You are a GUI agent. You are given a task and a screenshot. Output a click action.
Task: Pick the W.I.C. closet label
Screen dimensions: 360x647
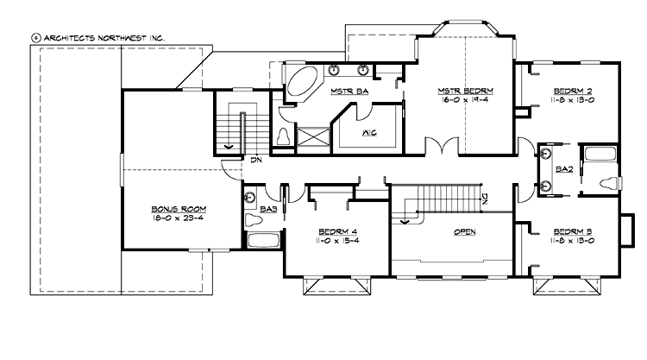point(367,132)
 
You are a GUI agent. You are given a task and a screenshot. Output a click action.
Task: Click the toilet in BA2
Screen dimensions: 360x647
point(611,182)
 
